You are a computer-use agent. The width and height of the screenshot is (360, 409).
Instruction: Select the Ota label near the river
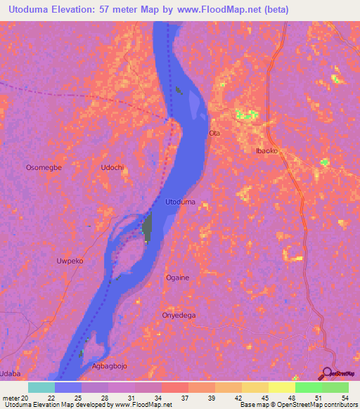pos(215,133)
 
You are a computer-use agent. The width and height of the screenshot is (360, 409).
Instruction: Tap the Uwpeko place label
pos(70,260)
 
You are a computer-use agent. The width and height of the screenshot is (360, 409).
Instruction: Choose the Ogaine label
pos(177,278)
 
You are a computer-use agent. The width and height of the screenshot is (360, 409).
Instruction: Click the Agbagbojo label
pos(111,366)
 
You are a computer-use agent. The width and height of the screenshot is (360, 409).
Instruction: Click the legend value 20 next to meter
pos(25,398)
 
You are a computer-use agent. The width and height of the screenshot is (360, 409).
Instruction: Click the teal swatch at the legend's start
pos(41,387)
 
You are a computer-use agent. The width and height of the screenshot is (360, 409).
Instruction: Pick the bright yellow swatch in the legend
pos(281,387)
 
